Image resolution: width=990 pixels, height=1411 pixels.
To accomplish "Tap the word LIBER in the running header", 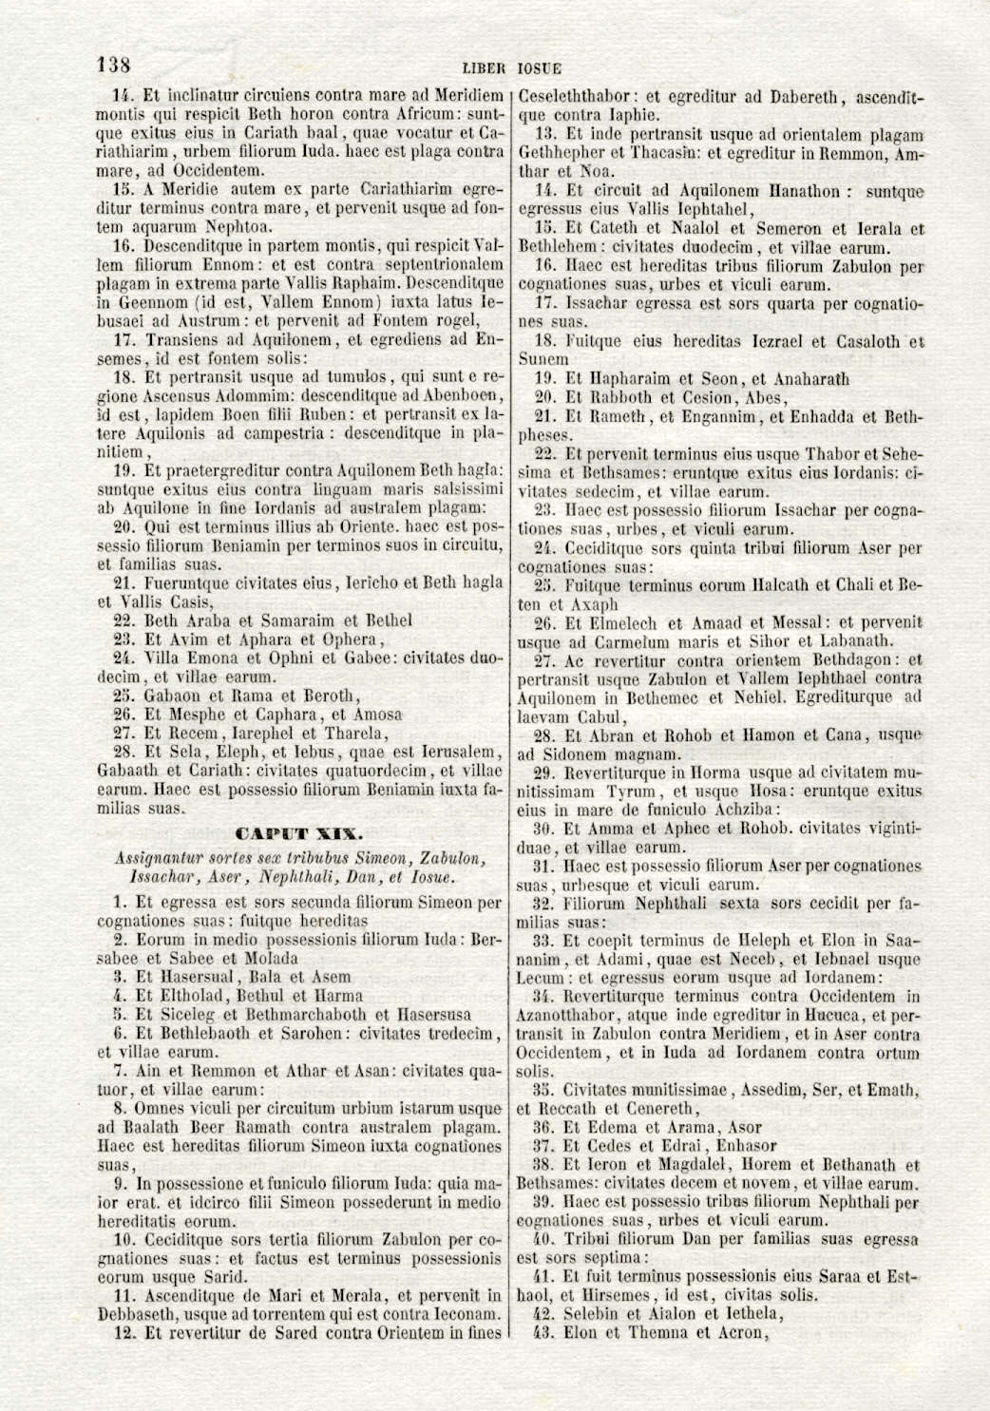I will (x=485, y=68).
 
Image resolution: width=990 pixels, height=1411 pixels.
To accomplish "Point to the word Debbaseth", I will (x=135, y=1314).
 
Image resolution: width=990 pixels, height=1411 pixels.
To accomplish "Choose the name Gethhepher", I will (x=562, y=153).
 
